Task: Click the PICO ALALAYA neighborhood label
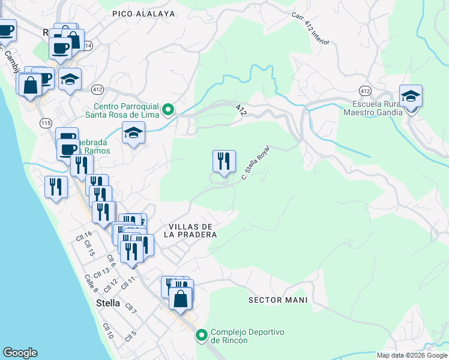point(143,13)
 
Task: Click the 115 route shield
point(45,122)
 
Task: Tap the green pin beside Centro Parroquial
point(169,109)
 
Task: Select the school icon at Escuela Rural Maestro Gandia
point(411,97)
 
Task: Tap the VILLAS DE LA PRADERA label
point(188,230)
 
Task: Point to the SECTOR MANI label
point(277,300)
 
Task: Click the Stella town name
point(108,303)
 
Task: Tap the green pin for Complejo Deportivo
point(202,335)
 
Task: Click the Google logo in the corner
point(20,353)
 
